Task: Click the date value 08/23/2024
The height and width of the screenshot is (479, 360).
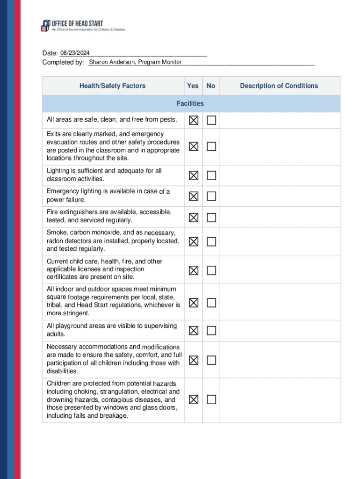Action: point(75,53)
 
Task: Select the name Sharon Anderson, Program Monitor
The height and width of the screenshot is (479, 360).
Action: point(135,62)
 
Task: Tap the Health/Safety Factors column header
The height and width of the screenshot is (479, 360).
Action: point(112,86)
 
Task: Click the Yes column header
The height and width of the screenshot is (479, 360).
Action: point(193,86)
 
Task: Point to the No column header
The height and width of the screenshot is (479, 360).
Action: point(211,86)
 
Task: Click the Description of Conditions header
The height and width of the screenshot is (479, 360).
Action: point(279,86)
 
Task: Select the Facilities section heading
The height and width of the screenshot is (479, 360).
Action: point(190,103)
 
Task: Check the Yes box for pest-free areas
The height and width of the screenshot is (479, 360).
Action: point(194,121)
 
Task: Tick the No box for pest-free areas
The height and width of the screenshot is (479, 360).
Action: point(211,121)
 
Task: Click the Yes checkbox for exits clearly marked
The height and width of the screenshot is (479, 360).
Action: point(194,146)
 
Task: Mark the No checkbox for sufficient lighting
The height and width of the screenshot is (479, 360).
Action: point(211,175)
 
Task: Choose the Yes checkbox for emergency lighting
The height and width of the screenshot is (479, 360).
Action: point(194,196)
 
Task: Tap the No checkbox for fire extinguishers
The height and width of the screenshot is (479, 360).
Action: point(211,218)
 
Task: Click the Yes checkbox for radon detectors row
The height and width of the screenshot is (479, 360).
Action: point(194,241)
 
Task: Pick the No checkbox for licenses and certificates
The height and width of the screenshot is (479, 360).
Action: point(211,270)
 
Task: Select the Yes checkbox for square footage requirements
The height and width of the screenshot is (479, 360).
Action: point(194,303)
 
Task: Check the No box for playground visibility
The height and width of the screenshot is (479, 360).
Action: point(211,331)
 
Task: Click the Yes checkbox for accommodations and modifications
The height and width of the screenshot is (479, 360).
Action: point(194,360)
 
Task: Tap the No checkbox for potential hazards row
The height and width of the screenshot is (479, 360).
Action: point(211,399)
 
